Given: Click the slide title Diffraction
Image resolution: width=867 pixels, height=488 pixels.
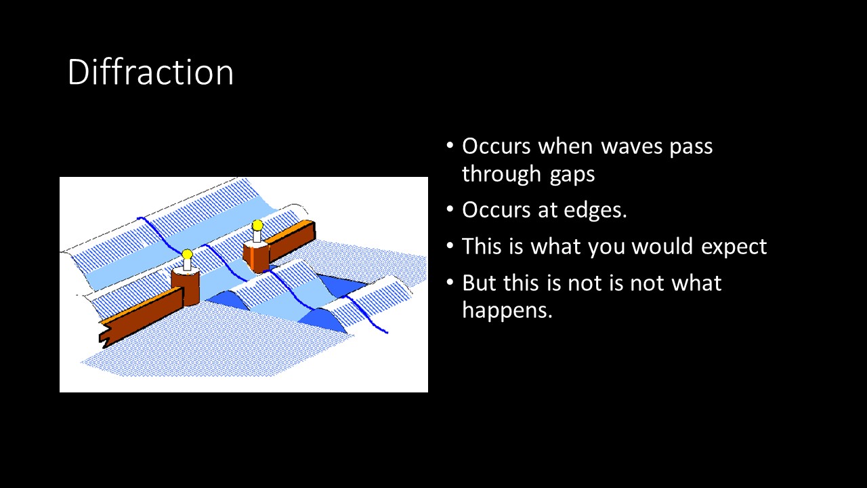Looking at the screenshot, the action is (150, 72).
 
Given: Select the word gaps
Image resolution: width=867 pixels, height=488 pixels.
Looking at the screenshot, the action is (572, 175).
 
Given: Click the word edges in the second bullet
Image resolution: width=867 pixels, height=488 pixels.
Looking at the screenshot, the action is (595, 210).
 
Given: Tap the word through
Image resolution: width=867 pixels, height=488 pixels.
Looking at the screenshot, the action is (501, 174).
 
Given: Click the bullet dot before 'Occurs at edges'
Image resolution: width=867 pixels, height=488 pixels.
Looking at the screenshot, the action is (449, 209).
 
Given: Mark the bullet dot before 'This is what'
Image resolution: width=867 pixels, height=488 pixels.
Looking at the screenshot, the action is (449, 246).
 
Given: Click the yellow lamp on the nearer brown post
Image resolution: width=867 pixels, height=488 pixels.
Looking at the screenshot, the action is (187, 254).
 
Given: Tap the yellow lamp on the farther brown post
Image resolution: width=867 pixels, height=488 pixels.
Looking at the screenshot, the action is (257, 226).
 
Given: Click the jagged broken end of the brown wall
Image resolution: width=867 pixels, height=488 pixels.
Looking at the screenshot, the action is (105, 334).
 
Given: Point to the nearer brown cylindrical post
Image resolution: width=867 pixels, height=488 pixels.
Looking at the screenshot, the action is (186, 286).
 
